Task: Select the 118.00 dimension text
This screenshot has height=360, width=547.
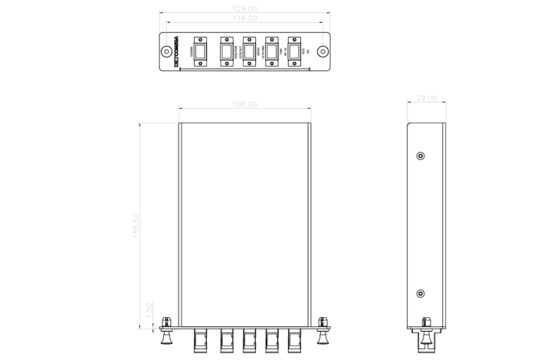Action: pyautogui.click(x=244, y=18)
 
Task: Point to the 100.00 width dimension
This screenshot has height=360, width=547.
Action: pyautogui.click(x=244, y=103)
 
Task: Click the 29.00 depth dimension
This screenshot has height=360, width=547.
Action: pyautogui.click(x=427, y=99)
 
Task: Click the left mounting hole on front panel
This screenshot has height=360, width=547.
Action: pyautogui.click(x=166, y=52)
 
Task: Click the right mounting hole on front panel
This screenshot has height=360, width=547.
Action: pyautogui.click(x=323, y=52)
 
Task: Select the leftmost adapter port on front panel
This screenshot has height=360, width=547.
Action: pyautogui.click(x=201, y=52)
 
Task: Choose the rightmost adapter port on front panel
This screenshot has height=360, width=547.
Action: pyautogui.click(x=293, y=52)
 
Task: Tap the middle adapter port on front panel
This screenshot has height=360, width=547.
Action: pyautogui.click(x=249, y=52)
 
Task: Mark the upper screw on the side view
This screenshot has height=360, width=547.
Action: pyautogui.click(x=420, y=156)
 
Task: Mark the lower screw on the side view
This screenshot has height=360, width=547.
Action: pyautogui.click(x=420, y=294)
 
